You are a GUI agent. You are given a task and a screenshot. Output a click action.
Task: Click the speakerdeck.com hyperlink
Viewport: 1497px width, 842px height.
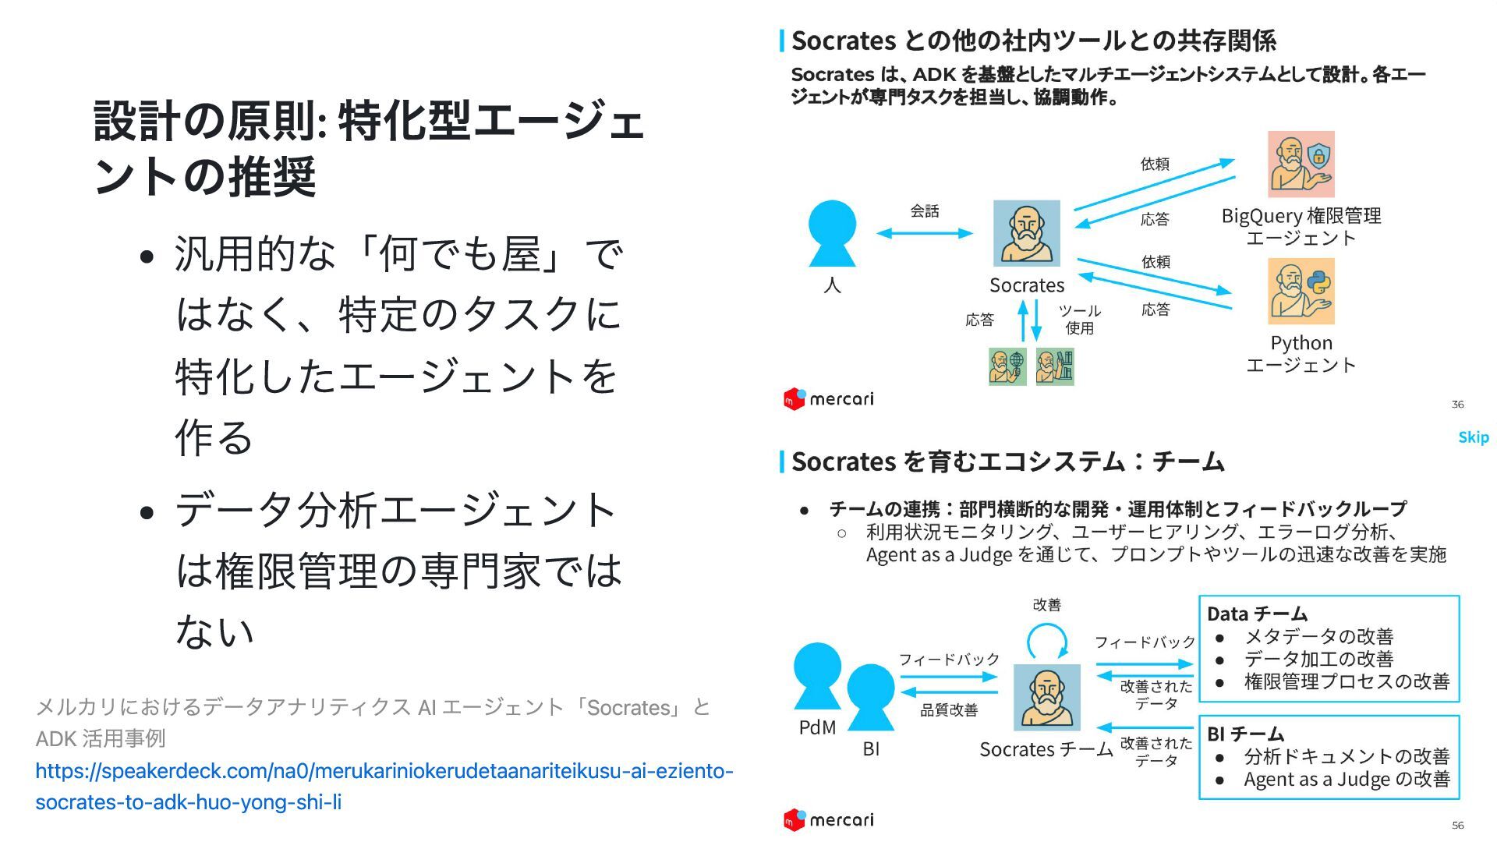384,786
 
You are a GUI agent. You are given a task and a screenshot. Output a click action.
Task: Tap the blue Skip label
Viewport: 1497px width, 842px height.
1473,437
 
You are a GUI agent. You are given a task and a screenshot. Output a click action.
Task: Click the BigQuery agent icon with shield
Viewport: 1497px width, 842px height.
1301,165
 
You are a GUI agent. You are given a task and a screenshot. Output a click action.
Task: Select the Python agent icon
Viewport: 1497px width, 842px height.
1301,292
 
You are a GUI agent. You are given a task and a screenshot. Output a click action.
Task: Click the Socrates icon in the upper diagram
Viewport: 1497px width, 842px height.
1026,233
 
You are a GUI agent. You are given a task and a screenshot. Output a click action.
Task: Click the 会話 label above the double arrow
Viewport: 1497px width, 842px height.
925,210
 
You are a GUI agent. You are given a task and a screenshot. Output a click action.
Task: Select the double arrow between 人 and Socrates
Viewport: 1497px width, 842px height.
925,233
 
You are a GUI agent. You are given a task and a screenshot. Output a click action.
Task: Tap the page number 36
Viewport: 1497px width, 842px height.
1457,404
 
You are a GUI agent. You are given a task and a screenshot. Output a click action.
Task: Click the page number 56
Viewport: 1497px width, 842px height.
1457,825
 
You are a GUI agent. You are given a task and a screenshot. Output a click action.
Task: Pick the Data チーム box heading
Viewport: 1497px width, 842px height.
1257,614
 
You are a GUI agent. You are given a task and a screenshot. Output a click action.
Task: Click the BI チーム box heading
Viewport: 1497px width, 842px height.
1245,734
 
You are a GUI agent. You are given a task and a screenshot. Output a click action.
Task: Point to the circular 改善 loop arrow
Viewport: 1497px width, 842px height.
1047,643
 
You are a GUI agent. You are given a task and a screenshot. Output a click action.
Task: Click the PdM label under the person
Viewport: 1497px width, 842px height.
817,727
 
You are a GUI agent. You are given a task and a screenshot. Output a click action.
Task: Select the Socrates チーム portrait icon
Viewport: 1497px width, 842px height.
1046,697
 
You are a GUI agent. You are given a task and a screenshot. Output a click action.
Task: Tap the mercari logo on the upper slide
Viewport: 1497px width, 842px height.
828,399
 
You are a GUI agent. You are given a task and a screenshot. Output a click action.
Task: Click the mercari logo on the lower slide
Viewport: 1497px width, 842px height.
828,820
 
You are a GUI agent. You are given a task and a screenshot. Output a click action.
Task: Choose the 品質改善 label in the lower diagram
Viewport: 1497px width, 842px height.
949,710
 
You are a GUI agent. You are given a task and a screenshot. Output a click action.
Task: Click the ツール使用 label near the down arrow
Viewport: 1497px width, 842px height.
1080,320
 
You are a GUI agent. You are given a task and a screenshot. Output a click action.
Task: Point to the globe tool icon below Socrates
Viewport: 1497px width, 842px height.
1007,366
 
